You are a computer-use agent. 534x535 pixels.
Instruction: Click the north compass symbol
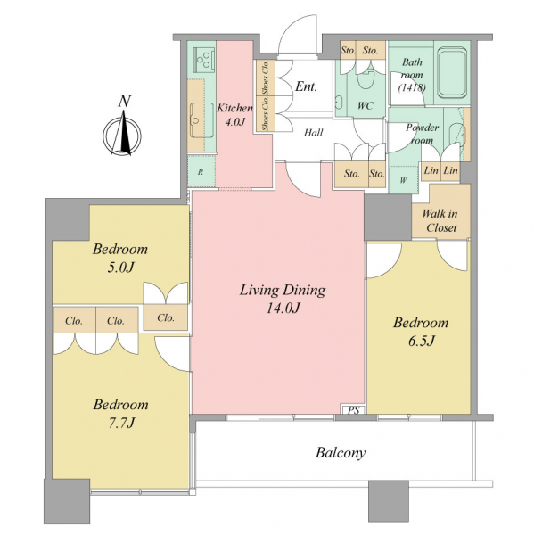pyautogui.click(x=122, y=136)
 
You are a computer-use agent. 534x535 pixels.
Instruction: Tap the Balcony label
pyautogui.click(x=341, y=453)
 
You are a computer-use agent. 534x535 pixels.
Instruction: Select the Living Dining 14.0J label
pyautogui.click(x=283, y=299)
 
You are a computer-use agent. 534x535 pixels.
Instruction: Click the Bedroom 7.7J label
pyautogui.click(x=120, y=414)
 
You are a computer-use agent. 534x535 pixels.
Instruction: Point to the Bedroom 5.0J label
pyautogui.click(x=120, y=258)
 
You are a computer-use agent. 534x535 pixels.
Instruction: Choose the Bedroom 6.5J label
pyautogui.click(x=421, y=332)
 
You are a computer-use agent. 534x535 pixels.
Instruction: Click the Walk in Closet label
pyautogui.click(x=440, y=221)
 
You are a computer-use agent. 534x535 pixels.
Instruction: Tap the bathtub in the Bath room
pyautogui.click(x=452, y=73)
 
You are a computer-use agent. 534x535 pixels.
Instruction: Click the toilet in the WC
pyautogui.click(x=366, y=79)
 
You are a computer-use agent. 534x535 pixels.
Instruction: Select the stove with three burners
pyautogui.click(x=203, y=58)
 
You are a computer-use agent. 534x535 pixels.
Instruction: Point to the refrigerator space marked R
pyautogui.click(x=201, y=171)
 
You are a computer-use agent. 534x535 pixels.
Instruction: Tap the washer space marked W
pyautogui.click(x=404, y=180)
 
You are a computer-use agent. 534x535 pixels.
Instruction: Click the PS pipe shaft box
pyautogui.click(x=354, y=410)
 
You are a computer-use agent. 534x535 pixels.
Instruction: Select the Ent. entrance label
pyautogui.click(x=306, y=86)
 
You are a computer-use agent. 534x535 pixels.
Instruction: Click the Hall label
pyautogui.click(x=313, y=132)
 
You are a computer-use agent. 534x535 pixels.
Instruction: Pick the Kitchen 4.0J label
pyautogui.click(x=234, y=115)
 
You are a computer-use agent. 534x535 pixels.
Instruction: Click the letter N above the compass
pyautogui.click(x=125, y=102)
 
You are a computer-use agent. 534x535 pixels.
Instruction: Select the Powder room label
pyautogui.click(x=422, y=134)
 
